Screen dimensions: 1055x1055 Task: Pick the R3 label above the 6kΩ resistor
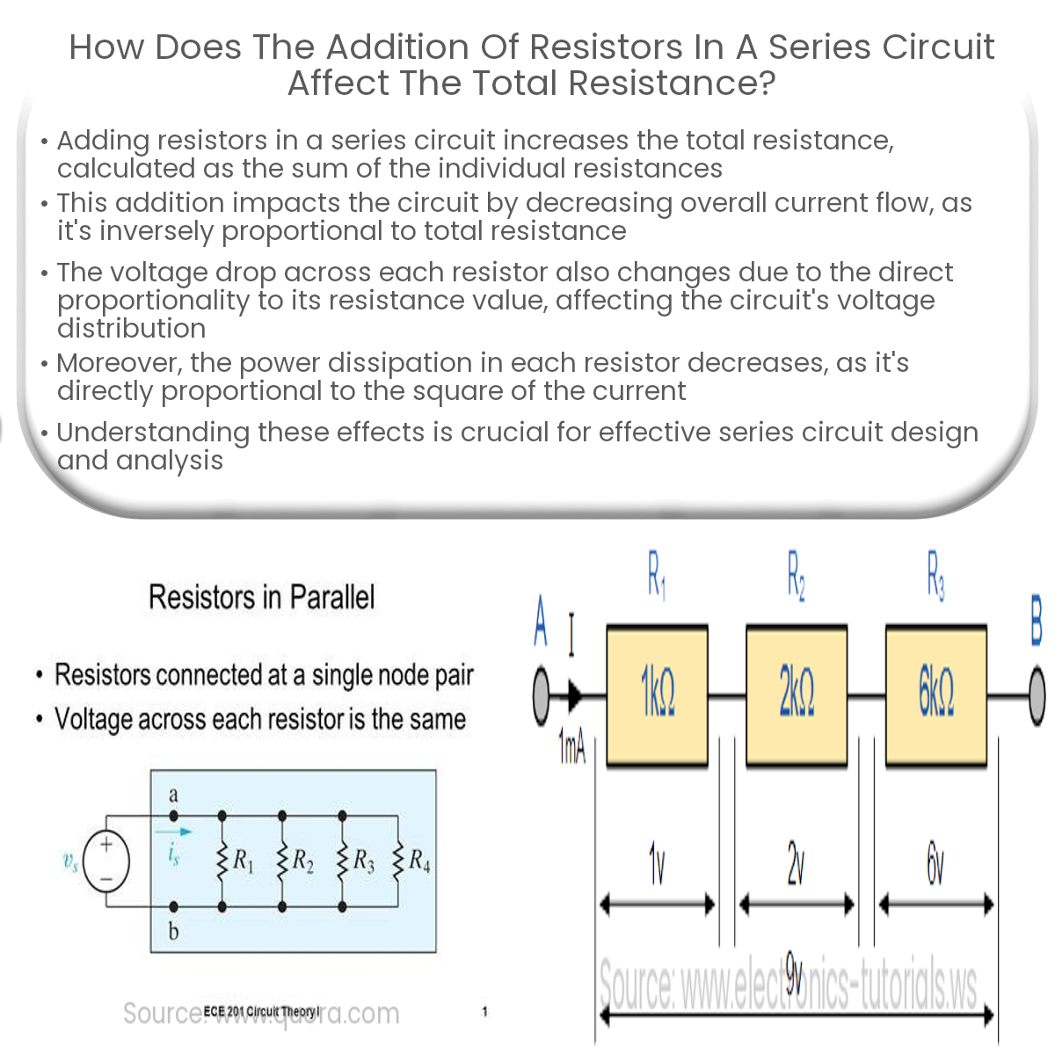point(935,575)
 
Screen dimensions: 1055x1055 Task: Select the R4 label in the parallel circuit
point(419,860)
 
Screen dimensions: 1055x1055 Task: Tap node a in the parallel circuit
point(173,815)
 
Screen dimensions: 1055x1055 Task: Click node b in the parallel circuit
point(173,906)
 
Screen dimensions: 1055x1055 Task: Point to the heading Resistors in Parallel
point(261,597)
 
